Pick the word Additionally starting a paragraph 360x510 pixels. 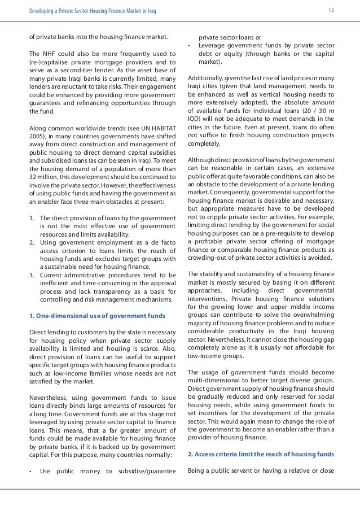[207, 78]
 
